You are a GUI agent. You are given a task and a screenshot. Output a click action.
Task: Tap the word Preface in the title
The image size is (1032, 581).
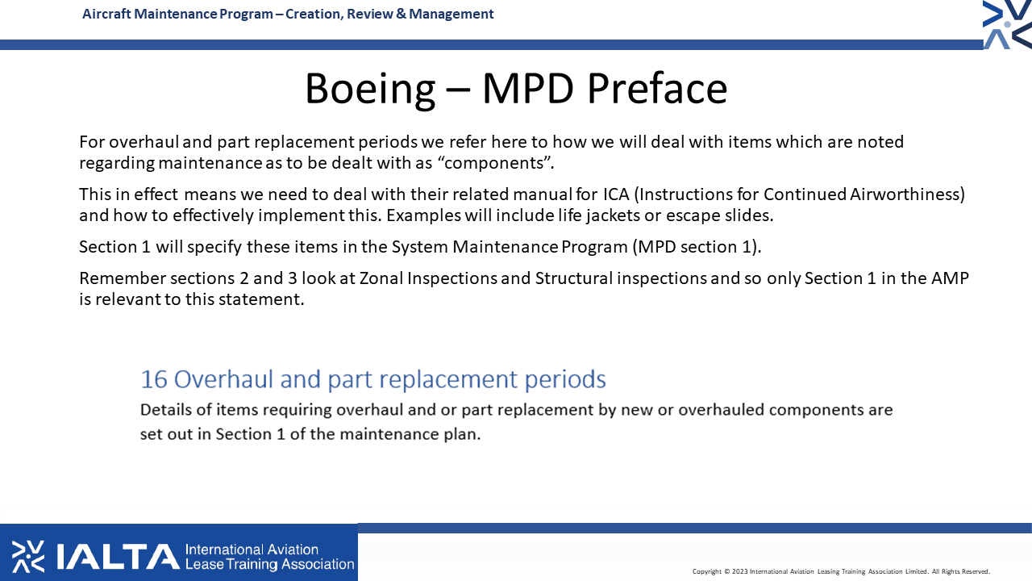click(657, 88)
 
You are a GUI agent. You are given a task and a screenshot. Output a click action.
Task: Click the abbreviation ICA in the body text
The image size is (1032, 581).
click(617, 194)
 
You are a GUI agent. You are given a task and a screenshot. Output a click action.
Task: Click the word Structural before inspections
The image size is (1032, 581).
click(573, 278)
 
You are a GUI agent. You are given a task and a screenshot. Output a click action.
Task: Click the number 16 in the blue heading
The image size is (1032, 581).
click(154, 379)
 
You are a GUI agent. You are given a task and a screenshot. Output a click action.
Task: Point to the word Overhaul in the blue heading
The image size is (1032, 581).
click(224, 379)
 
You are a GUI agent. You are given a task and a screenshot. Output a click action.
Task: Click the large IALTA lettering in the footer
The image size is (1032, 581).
click(118, 557)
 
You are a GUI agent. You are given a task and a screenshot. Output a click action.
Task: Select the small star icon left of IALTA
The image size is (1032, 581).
click(28, 557)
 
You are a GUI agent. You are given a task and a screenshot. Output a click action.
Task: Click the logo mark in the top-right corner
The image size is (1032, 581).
click(1007, 24)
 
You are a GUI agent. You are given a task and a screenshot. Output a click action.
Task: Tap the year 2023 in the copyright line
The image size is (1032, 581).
click(740, 572)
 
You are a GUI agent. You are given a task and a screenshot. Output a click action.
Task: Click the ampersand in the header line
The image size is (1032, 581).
click(401, 14)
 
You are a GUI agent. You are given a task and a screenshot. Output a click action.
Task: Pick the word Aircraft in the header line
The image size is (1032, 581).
click(106, 14)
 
